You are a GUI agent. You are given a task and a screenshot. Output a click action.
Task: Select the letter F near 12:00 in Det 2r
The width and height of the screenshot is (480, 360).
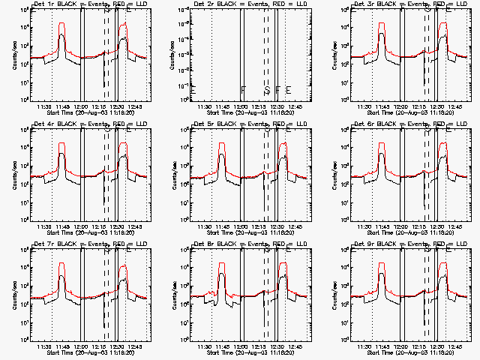[243, 90]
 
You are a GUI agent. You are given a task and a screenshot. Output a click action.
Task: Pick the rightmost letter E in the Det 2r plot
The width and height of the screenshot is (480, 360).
[288, 90]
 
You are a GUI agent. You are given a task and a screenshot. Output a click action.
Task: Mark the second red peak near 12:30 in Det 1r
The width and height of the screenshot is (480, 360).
[123, 23]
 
